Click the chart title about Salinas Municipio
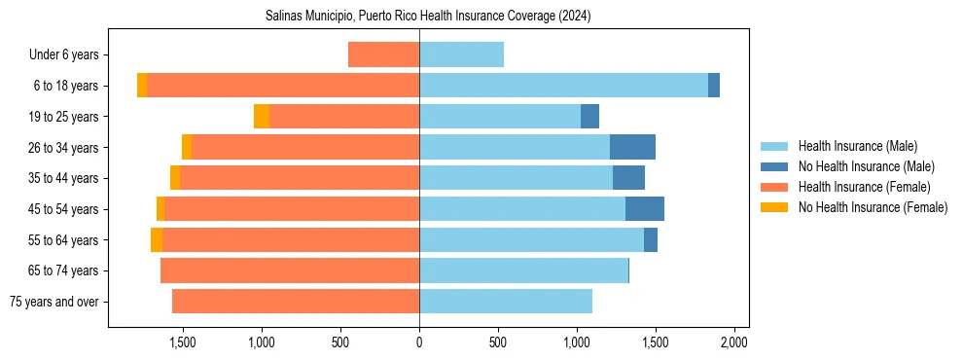[x=428, y=17]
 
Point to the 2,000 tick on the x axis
[x=733, y=343]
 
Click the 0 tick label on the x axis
[x=419, y=343]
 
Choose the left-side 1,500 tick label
[x=182, y=343]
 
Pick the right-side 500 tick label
[x=497, y=343]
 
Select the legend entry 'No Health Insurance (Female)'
[x=873, y=207]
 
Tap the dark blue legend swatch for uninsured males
[x=774, y=166]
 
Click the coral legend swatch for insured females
[x=774, y=187]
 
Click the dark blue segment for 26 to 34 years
[x=632, y=147]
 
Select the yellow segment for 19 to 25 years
[x=262, y=117]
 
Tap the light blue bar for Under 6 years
[x=461, y=55]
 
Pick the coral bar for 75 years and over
[x=296, y=302]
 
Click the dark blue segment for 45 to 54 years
[x=645, y=209]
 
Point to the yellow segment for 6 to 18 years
[x=142, y=86]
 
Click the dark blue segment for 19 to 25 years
[x=589, y=117]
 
